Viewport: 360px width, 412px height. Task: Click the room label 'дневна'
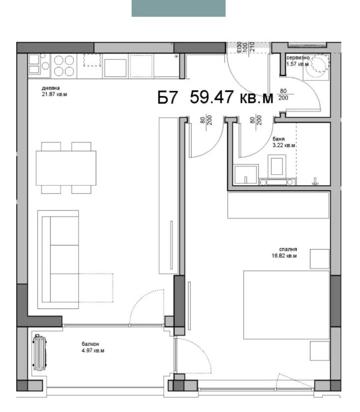tap(51, 88)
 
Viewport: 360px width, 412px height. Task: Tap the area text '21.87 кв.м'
tap(55, 94)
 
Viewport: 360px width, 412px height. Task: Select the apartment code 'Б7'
tap(167, 98)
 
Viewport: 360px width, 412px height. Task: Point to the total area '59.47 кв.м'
tap(231, 97)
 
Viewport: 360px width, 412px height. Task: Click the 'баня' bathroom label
tap(278, 139)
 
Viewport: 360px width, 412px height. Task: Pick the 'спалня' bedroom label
tap(288, 249)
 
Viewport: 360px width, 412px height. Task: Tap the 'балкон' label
tap(90, 344)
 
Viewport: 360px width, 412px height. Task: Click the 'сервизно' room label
tap(298, 57)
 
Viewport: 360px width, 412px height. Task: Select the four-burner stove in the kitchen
tap(64, 66)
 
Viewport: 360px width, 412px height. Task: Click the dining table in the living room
tap(66, 168)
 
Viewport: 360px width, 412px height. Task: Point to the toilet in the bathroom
tap(277, 166)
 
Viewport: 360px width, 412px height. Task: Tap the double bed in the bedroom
tap(286, 305)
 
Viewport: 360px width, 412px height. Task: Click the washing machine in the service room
tap(316, 67)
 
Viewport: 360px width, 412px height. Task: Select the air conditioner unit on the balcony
tap(39, 353)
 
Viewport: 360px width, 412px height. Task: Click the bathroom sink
tap(246, 174)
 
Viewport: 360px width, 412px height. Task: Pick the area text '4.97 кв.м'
tap(93, 351)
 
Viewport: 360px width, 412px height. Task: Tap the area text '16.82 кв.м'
tap(284, 256)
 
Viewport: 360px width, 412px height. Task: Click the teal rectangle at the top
tap(178, 8)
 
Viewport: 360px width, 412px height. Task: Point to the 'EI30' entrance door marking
tap(239, 48)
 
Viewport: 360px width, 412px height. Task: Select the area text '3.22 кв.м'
tap(284, 145)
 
